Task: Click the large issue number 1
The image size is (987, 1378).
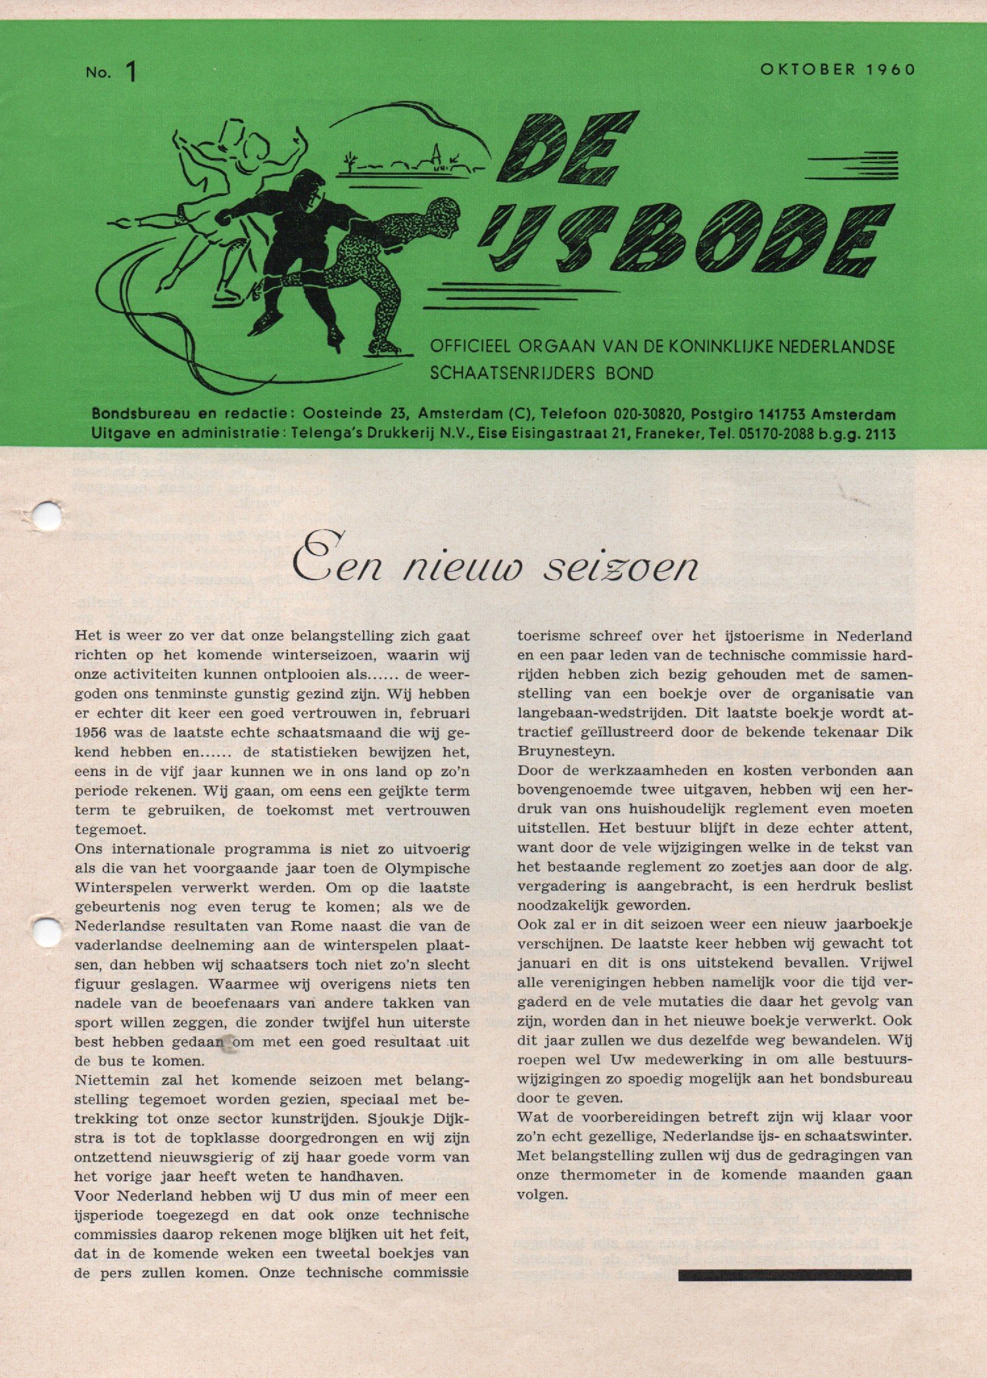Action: click(x=132, y=72)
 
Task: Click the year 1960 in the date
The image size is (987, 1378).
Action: click(x=890, y=70)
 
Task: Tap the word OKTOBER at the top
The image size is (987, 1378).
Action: click(x=808, y=70)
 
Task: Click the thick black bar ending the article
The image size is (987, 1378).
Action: click(x=794, y=1275)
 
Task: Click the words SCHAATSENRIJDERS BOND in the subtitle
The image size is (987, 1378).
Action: click(x=541, y=374)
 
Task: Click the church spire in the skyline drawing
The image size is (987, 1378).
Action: click(x=435, y=155)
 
